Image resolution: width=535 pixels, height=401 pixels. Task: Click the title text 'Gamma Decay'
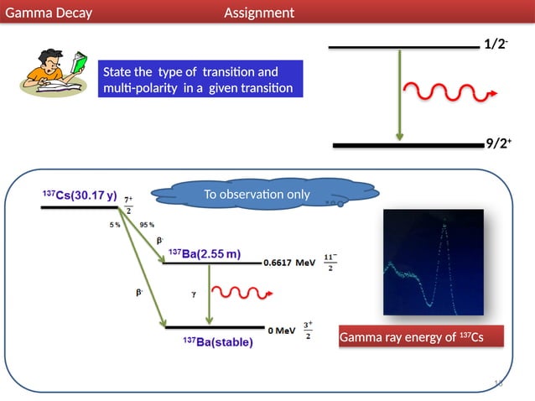point(49,13)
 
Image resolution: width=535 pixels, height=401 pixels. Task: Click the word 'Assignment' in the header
point(259,13)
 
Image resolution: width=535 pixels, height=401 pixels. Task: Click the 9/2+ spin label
point(499,143)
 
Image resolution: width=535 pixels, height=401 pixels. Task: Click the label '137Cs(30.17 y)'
point(80,195)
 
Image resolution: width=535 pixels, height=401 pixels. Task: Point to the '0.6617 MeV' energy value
point(289,263)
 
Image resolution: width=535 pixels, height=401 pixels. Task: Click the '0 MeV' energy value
point(280,330)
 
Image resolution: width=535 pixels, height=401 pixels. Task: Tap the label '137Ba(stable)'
point(217,342)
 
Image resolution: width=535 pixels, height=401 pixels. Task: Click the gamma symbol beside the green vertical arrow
point(193,294)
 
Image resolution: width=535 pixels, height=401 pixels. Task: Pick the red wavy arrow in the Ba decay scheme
point(242,293)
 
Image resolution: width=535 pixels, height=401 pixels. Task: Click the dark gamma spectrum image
point(434,260)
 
